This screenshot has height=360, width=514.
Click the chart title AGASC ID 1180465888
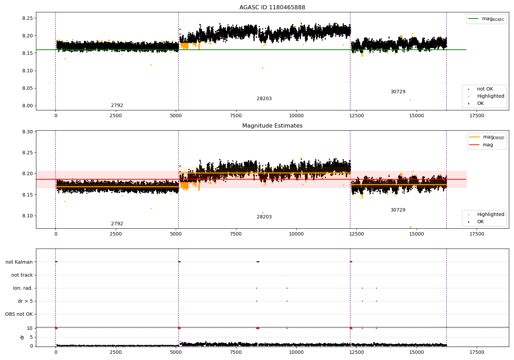coord(272,8)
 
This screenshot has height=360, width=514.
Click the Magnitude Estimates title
coord(272,126)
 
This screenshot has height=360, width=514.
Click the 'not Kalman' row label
coord(19,262)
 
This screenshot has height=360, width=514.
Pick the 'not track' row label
coord(22,275)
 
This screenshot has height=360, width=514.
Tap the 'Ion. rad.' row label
coord(23,288)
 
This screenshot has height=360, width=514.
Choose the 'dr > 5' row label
coord(25,301)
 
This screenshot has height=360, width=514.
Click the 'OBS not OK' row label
coord(19,314)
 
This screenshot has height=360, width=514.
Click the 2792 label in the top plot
coord(117,106)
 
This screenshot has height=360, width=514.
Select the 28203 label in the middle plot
coord(264,217)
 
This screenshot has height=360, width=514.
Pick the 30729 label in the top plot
coord(398,92)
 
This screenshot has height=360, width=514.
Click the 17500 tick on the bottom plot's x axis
coord(477,352)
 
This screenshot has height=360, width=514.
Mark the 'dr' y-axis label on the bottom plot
coord(22,337)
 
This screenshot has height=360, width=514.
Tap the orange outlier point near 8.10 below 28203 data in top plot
coord(263,68)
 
